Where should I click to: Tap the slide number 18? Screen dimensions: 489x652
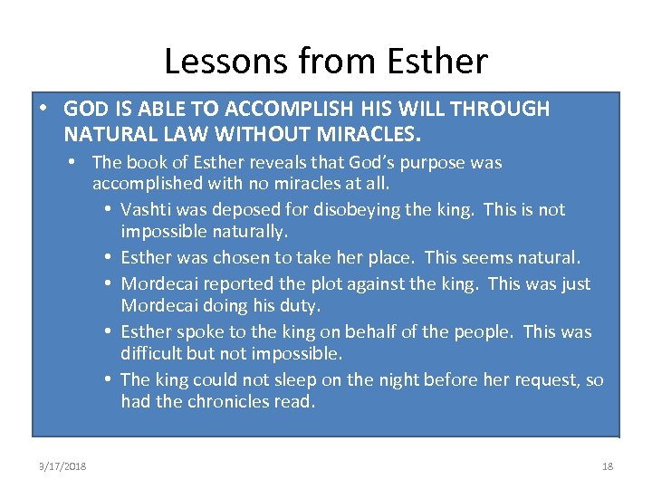607,466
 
